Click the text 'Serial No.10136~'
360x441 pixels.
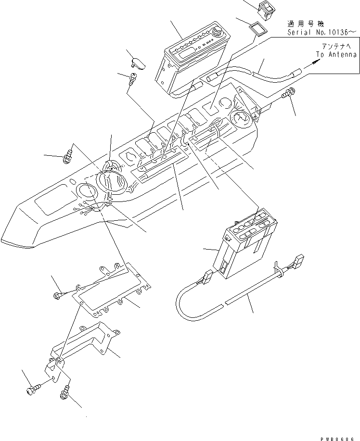tap(322, 32)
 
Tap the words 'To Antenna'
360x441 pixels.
tap(336, 55)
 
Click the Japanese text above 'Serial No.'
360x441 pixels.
tap(306, 24)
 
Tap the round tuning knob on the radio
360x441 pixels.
tap(218, 34)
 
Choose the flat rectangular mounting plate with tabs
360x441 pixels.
tap(111, 289)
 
